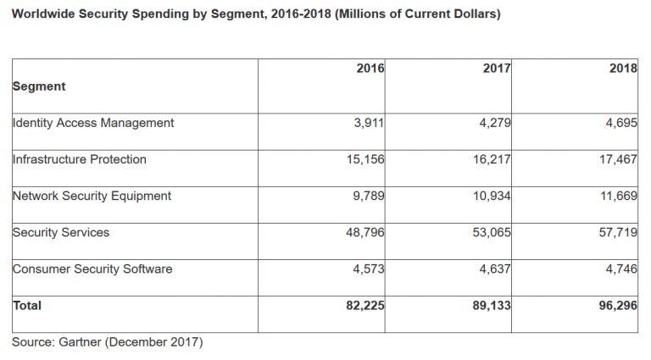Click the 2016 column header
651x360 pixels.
370,69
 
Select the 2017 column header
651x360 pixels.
496,69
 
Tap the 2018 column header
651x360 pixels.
623,69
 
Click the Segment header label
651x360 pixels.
39,86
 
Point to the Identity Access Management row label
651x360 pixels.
93,123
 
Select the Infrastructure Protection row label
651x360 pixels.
80,159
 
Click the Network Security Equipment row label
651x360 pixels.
92,196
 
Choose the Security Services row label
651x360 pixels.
61,232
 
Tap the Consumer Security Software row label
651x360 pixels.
92,269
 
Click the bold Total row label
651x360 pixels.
27,305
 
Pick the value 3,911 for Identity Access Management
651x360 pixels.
369,123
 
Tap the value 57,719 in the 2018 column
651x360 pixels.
615,232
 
